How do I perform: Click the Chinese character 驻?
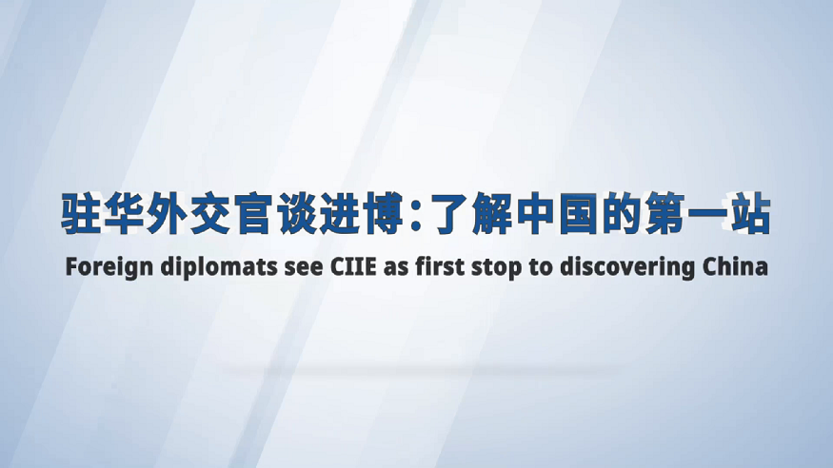[x=81, y=213]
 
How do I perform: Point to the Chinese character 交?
[x=209, y=213]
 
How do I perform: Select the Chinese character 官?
[x=253, y=213]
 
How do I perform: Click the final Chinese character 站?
[x=749, y=213]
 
